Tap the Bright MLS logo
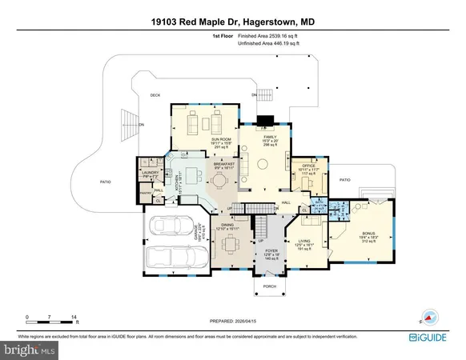point(30,350)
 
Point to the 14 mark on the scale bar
point(74,318)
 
